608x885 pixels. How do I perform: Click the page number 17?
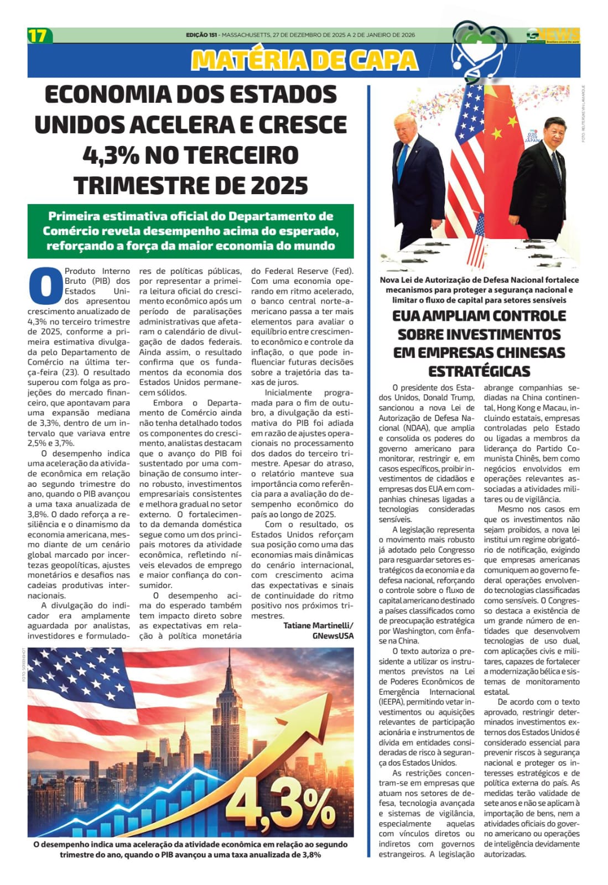(38, 36)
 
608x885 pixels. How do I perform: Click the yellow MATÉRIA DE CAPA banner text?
(304, 60)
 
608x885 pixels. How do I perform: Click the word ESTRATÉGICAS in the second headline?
(479, 371)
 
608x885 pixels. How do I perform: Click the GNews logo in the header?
(553, 35)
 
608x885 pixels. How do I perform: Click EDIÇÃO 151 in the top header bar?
(201, 35)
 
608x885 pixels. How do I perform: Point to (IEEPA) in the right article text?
(395, 702)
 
